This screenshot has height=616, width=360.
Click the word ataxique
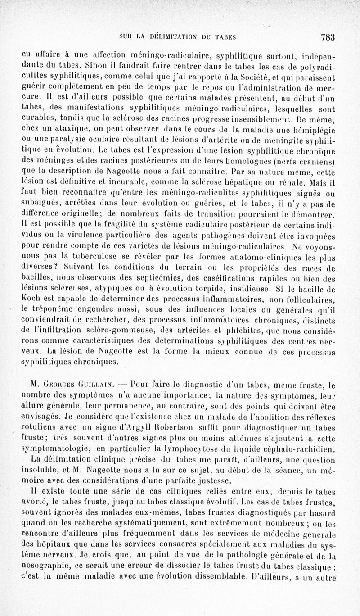(x=60, y=129)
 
